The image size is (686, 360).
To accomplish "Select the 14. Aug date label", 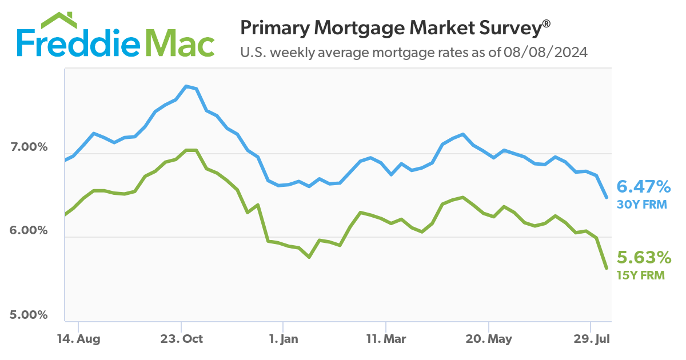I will pos(79,339).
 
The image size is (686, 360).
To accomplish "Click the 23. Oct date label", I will pos(181,339).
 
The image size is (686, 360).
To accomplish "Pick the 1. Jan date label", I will pos(283,339).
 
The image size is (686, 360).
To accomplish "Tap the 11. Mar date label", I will pos(386,339).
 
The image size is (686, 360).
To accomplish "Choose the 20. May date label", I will pos(489,339).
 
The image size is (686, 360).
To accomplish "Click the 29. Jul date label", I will pos(591,339).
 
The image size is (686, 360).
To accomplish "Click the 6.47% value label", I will pos(643,186).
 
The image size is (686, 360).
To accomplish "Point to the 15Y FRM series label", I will pos(640,275).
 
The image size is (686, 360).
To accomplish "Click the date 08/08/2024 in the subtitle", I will pos(545,53).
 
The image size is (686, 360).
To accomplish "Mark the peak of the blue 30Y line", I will pos(186,86).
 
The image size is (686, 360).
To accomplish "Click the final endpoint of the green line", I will pos(607,268).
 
